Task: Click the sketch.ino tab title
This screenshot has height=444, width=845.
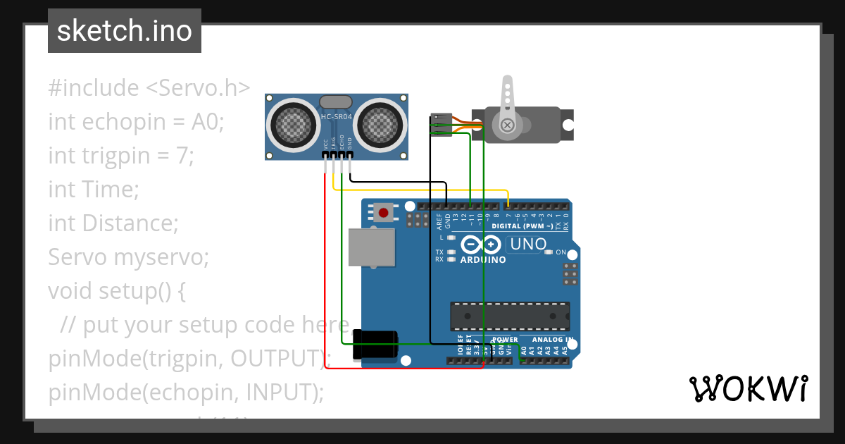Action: tap(125, 31)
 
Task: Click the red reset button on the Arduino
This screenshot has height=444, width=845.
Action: tap(384, 211)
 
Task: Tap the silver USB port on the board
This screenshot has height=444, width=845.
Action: tap(372, 247)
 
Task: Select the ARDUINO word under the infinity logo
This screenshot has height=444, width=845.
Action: tap(483, 260)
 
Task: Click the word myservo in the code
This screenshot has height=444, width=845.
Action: tap(173, 257)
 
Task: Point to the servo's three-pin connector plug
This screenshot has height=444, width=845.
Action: tap(440, 124)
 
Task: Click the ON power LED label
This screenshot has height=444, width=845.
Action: tap(561, 252)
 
